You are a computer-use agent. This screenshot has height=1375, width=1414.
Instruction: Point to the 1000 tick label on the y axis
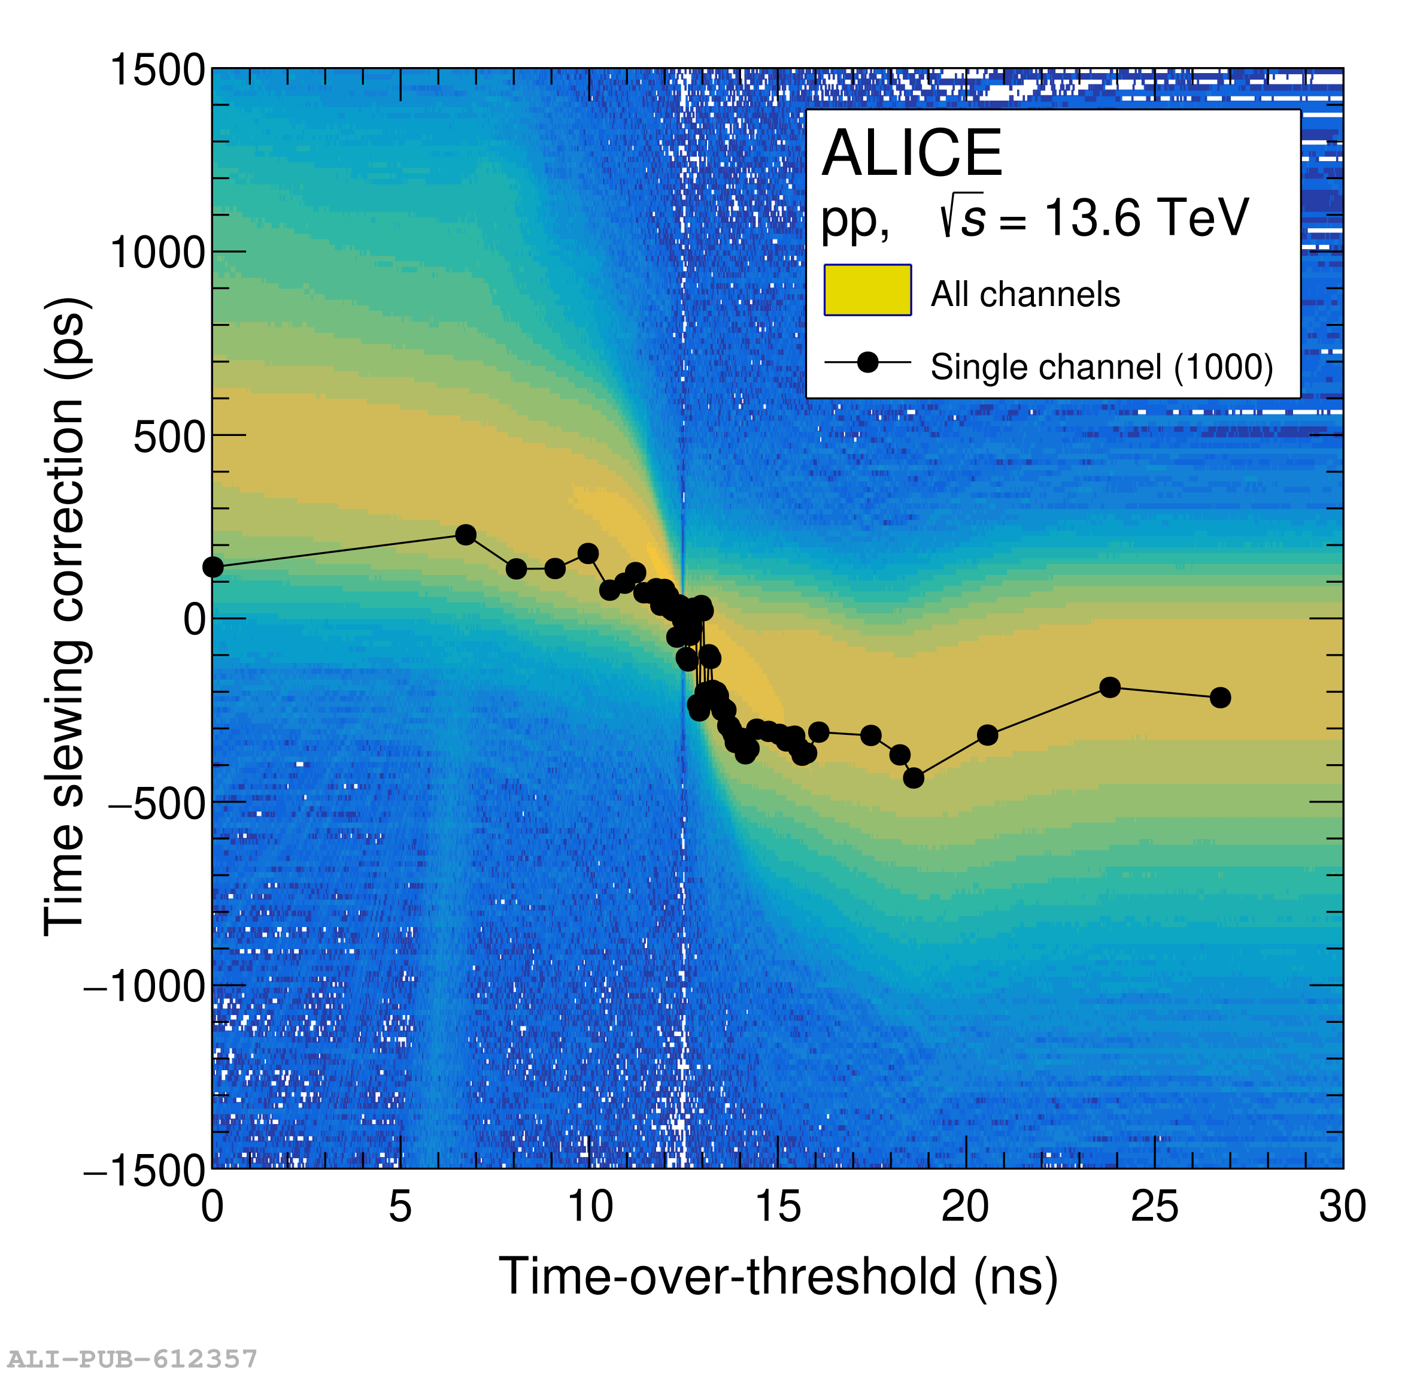tap(157, 253)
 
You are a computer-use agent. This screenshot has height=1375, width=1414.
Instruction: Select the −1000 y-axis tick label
tap(145, 986)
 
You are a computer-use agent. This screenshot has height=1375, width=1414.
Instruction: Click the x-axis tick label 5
tap(400, 1207)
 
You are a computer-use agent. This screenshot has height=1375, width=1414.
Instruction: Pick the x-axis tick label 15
tap(778, 1207)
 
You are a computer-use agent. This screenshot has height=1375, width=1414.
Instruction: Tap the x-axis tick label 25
tap(1154, 1207)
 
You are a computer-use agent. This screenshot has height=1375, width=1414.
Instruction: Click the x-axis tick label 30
tap(1342, 1207)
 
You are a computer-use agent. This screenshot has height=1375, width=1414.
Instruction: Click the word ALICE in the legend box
tap(912, 153)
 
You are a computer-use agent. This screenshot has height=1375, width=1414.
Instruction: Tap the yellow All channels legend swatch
tap(867, 290)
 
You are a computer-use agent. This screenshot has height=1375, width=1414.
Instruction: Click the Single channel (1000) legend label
tap(1101, 367)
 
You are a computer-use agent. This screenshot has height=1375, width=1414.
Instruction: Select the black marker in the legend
tap(867, 362)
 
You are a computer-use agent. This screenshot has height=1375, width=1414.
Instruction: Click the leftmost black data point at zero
tap(213, 568)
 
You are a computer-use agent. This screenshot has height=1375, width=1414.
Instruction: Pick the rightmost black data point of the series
tap(1220, 698)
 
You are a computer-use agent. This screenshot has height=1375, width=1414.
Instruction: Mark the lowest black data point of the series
tap(913, 778)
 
